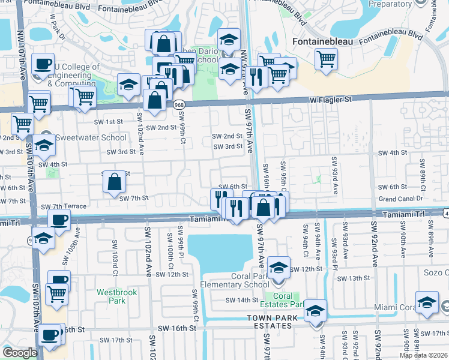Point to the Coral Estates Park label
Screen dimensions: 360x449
coord(283,300)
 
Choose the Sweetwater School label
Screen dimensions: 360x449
coord(91,137)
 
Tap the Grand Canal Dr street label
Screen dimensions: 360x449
coord(402,199)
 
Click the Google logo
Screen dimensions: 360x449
coord(20,353)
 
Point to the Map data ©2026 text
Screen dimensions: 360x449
coord(423,355)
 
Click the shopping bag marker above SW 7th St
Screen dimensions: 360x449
coord(114,181)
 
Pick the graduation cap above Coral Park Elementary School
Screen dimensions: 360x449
coord(278,267)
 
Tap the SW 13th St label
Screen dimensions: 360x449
coord(354,278)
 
